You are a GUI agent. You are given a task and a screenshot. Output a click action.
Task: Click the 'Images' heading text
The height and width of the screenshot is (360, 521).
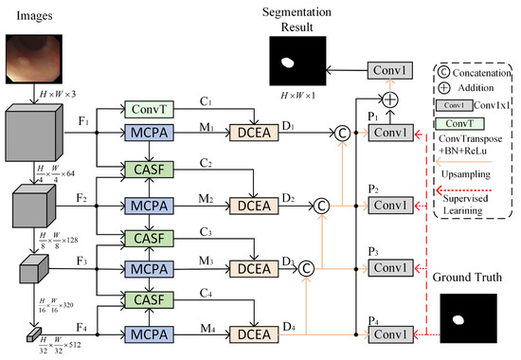(27, 15)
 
